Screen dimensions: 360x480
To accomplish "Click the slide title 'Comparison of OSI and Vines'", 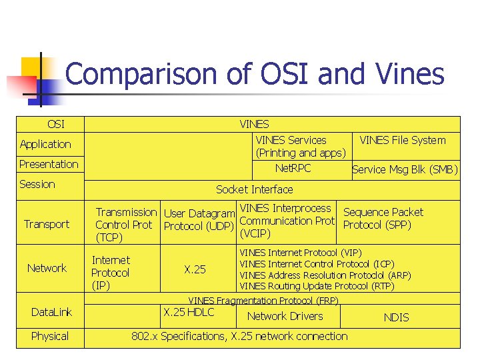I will tap(255, 74).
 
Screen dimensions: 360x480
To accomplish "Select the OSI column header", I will tap(56, 124).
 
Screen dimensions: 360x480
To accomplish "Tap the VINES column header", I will tap(254, 124).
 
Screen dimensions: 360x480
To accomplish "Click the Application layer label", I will tap(45, 144).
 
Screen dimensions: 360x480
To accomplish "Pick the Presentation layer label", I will tap(49, 164).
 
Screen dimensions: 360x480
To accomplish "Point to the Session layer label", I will tap(37, 184).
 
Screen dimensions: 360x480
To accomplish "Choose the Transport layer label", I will tap(47, 224).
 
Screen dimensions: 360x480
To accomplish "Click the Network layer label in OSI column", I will tap(47, 268).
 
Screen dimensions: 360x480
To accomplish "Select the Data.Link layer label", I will tap(51, 312).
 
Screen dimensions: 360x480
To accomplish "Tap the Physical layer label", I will tap(50, 336).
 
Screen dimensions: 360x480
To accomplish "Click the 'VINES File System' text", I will tap(403, 140).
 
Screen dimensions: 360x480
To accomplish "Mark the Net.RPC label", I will tap(293, 168).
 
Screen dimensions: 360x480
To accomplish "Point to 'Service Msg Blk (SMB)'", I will tap(405, 169).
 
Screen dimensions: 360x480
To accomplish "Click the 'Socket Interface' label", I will tap(254, 189).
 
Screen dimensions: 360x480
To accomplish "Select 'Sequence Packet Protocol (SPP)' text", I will tap(383, 219).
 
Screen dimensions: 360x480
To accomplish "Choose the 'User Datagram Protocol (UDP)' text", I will tap(199, 220).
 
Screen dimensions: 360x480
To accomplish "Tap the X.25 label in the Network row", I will tap(195, 269).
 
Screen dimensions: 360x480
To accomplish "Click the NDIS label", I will tap(396, 318).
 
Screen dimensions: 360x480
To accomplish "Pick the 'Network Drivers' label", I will tap(285, 316).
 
